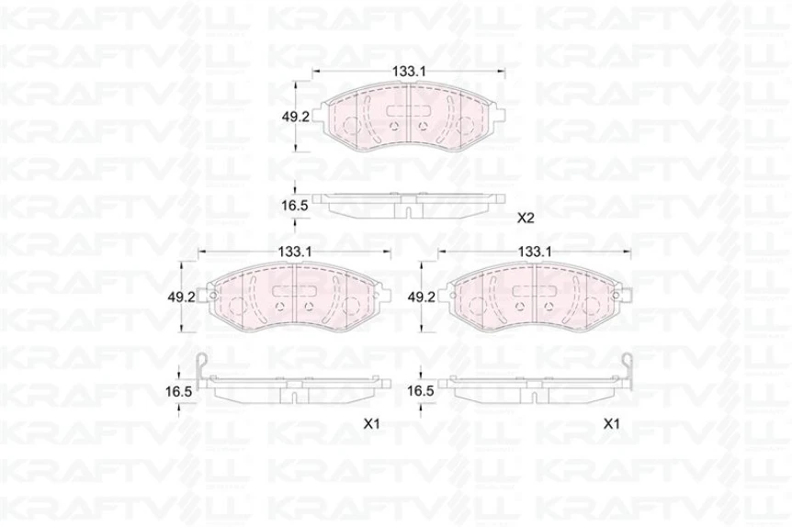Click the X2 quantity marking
[526, 219]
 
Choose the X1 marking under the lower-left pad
[371, 424]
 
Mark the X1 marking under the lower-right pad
[611, 424]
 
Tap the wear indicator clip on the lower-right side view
[627, 366]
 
